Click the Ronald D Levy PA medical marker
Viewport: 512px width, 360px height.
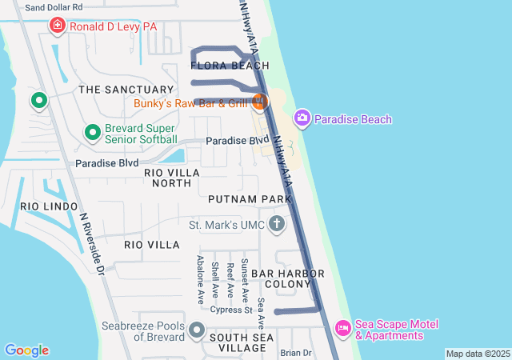[x=58, y=26]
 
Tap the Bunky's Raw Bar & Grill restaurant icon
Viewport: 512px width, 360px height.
[x=258, y=102]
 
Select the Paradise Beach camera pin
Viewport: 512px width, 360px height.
[x=302, y=119]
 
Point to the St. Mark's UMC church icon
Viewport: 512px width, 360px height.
[x=277, y=224]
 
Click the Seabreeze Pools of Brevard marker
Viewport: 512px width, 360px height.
[x=196, y=330]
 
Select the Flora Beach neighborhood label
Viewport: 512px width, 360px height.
[x=230, y=66]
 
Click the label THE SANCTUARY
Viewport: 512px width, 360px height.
[x=126, y=90]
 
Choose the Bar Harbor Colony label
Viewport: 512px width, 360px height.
[x=288, y=279]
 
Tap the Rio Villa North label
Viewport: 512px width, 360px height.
[x=168, y=178]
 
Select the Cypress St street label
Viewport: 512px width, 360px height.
[x=232, y=310]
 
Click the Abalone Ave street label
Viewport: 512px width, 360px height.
[x=200, y=280]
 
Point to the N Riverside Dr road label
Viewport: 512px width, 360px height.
[x=93, y=245]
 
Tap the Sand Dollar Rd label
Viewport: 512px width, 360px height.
[x=54, y=6]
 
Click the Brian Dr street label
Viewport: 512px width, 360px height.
[x=295, y=353]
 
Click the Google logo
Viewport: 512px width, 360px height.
[x=26, y=350]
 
